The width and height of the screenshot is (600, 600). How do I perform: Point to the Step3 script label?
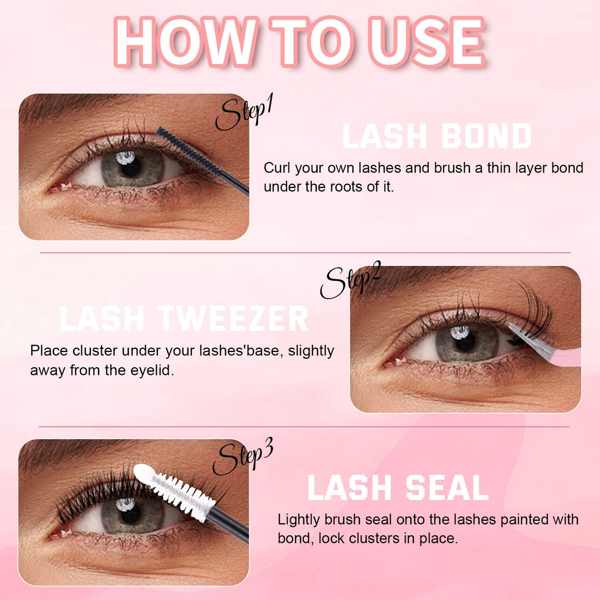point(242,457)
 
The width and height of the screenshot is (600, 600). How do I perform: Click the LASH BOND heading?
point(437,137)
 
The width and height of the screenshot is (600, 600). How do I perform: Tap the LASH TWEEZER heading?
point(184,319)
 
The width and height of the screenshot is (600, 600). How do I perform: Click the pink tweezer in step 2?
point(548,349)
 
